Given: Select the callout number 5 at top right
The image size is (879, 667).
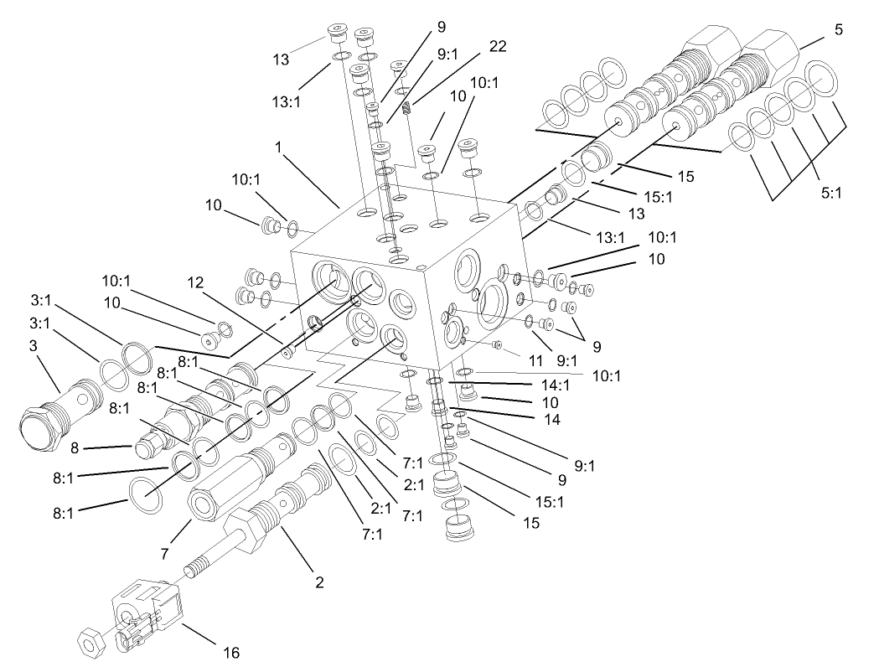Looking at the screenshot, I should click(837, 30).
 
